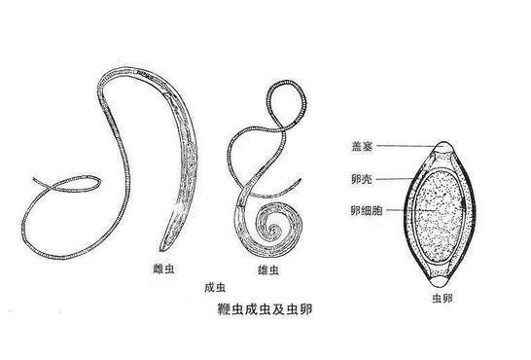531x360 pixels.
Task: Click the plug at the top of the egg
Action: (x=443, y=149)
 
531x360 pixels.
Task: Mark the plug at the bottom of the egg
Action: (x=443, y=273)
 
